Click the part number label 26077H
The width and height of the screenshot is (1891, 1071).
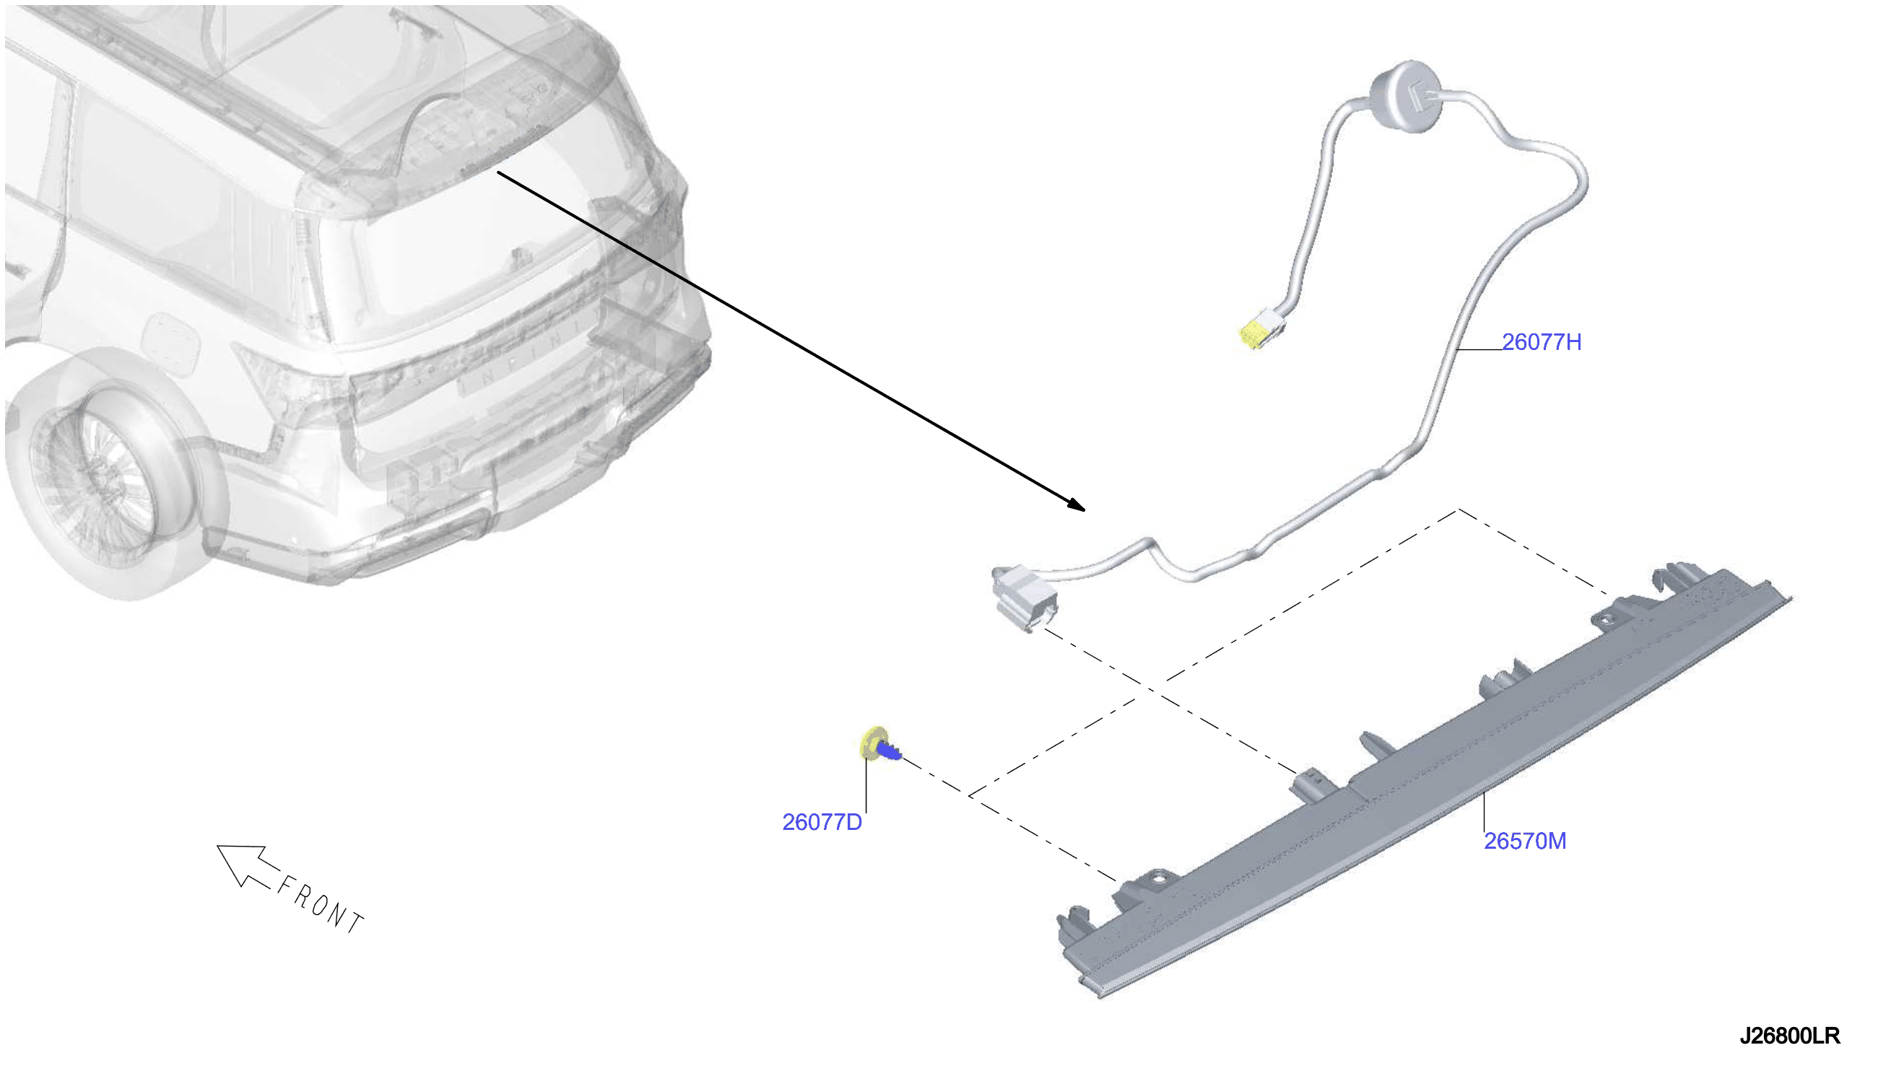click(1541, 342)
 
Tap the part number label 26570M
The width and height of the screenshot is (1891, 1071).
click(1525, 841)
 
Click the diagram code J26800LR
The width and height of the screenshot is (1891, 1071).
click(1789, 1036)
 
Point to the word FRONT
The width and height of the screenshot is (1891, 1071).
click(320, 905)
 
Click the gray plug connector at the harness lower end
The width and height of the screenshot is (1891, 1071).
click(1025, 597)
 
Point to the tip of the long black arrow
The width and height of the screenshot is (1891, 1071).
click(1084, 510)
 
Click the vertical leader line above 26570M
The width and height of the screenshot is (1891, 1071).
click(1484, 812)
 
